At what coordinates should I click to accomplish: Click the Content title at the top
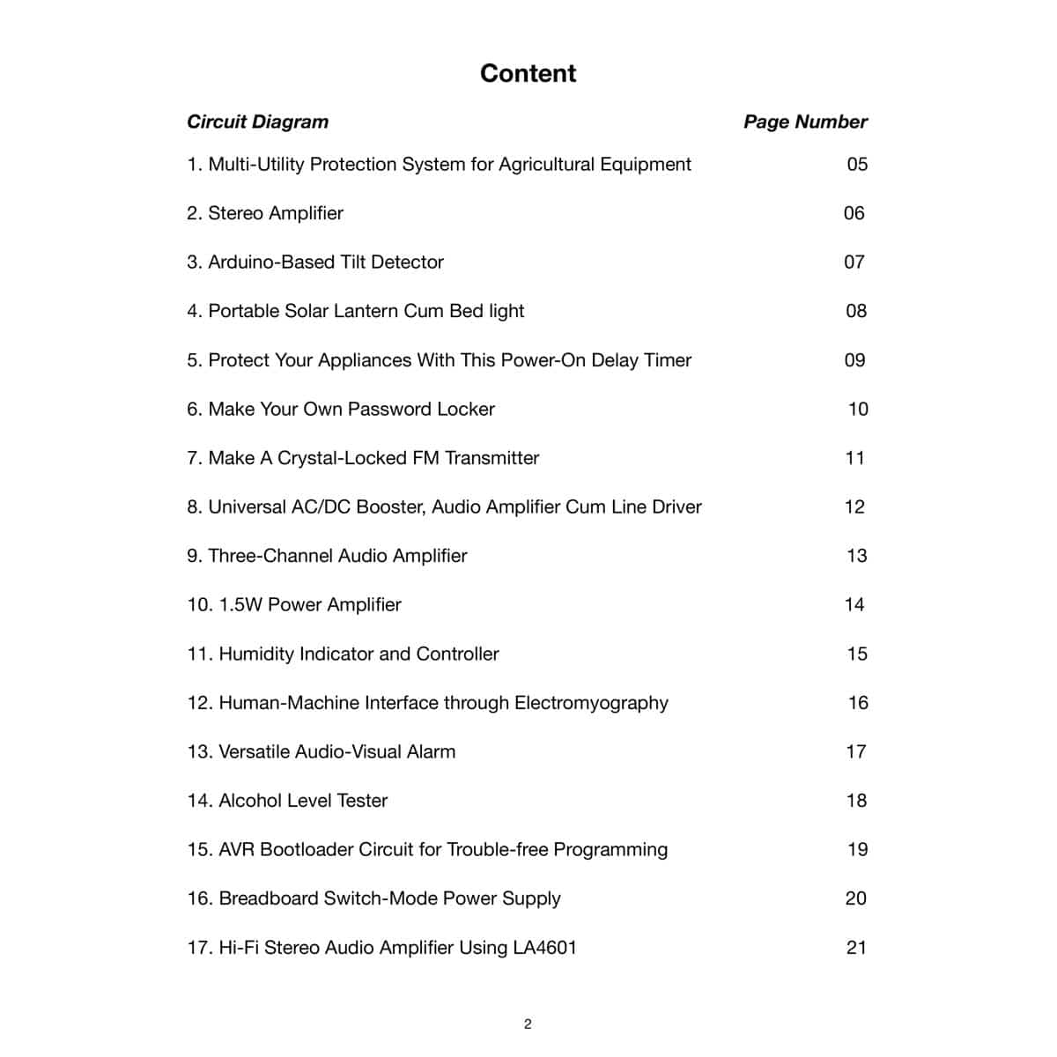click(x=528, y=73)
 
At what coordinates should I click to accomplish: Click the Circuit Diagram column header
click(x=257, y=122)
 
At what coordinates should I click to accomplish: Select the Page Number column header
click(x=805, y=122)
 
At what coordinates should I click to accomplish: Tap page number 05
click(x=856, y=164)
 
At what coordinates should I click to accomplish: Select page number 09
click(x=854, y=360)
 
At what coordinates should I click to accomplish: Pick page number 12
click(x=854, y=506)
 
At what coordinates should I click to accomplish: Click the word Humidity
click(x=256, y=654)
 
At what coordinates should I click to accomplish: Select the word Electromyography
click(x=591, y=703)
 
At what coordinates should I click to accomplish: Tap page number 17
click(x=855, y=751)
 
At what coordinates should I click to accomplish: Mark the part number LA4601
click(x=544, y=948)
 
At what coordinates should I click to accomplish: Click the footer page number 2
click(x=528, y=1024)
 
